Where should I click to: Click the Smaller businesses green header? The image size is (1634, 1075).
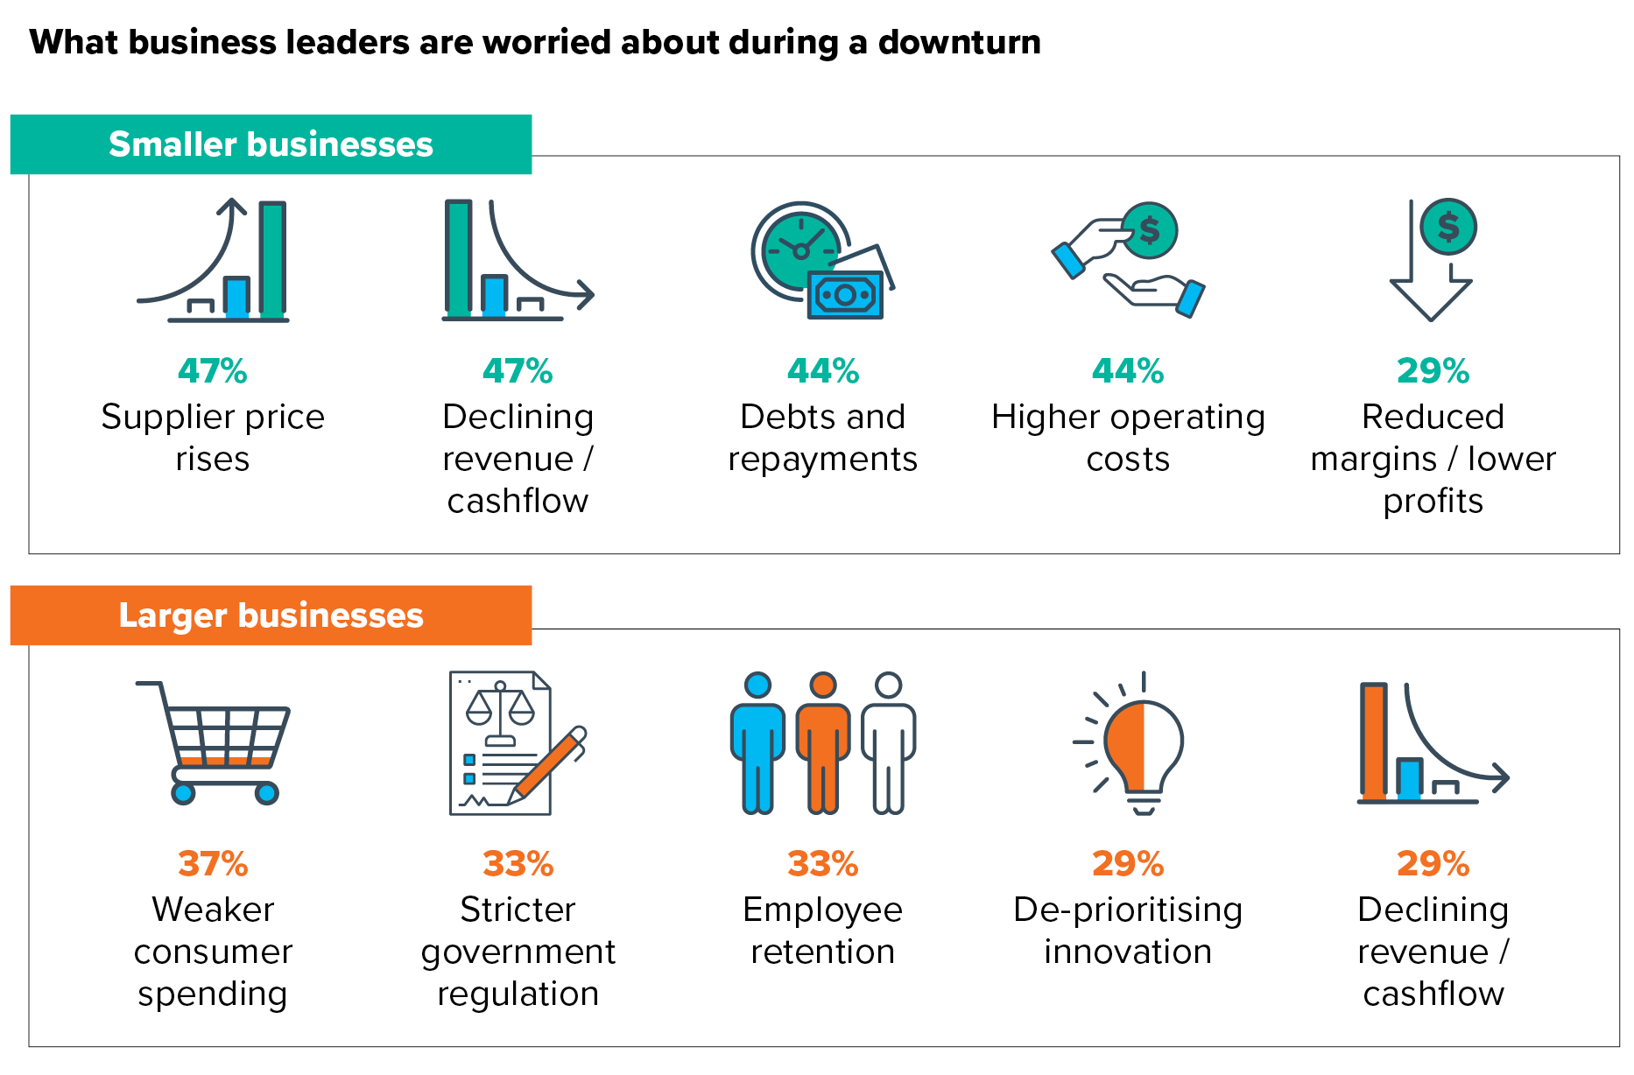271,144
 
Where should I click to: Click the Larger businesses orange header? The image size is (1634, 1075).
271,615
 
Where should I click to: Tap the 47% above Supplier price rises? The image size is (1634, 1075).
212,371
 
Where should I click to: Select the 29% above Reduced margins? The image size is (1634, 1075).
1433,371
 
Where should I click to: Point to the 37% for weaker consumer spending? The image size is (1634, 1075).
213,864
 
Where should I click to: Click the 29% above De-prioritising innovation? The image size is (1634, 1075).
1128,864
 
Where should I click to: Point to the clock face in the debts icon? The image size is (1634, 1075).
799,249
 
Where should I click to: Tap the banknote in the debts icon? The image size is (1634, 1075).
845,295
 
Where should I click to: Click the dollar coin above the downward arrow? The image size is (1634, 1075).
1448,227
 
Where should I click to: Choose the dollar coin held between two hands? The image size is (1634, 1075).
1149,230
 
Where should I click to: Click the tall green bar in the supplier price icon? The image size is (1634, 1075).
272,259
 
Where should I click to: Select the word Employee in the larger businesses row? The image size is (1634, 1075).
822,910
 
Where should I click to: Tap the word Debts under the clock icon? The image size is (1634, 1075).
778,417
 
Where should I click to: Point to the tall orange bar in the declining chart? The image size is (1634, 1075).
1374,741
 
